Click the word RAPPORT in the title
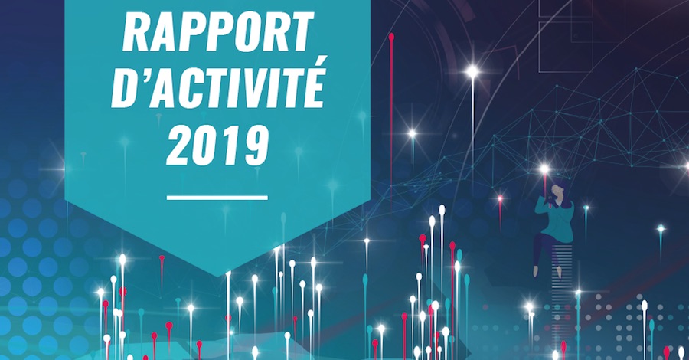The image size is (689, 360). pyautogui.click(x=218, y=31)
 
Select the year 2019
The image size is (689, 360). pyautogui.click(x=217, y=145)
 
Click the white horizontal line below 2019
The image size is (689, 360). pyautogui.click(x=217, y=198)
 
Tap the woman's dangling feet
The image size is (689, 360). pyautogui.click(x=547, y=271)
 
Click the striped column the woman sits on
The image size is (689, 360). pyautogui.click(x=563, y=281)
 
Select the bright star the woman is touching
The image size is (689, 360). pyautogui.click(x=544, y=169)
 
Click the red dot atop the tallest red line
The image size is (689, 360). pyautogui.click(x=391, y=37)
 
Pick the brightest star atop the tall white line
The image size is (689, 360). pyautogui.click(x=472, y=71)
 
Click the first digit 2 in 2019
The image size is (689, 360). pyautogui.click(x=180, y=145)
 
